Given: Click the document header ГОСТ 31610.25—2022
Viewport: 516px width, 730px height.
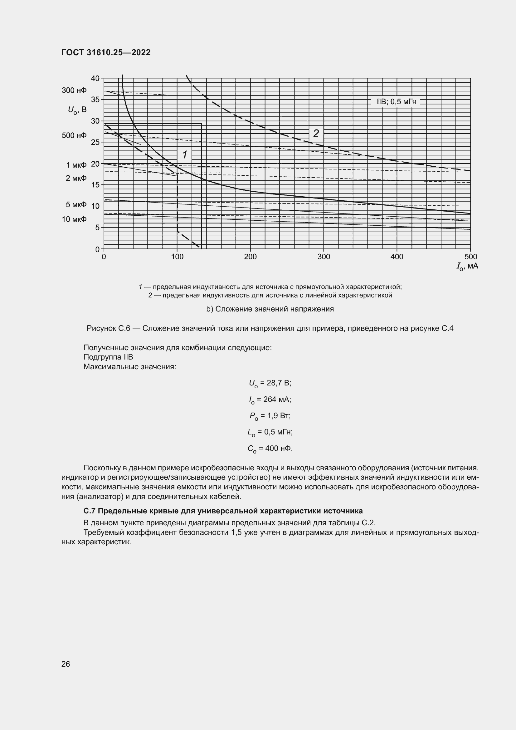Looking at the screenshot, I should (x=106, y=52).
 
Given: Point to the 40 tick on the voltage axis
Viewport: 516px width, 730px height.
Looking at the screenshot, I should (x=95, y=79).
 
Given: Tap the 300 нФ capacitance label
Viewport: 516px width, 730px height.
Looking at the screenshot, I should (x=74, y=91).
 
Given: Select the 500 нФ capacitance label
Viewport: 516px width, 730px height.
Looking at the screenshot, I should (x=74, y=136).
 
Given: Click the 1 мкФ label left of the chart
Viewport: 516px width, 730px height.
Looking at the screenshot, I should (x=76, y=165).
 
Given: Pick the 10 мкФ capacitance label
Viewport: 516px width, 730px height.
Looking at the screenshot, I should (x=74, y=219).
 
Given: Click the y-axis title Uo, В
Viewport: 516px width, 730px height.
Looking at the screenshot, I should (x=77, y=110).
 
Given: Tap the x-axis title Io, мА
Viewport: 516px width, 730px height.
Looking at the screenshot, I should (x=467, y=266).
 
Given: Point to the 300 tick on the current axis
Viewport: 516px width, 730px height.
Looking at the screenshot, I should (x=324, y=257).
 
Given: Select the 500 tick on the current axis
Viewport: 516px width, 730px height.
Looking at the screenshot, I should (x=470, y=257).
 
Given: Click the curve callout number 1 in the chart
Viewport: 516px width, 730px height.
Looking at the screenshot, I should (x=185, y=155).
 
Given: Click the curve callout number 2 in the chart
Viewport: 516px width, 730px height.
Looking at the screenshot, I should (x=316, y=134).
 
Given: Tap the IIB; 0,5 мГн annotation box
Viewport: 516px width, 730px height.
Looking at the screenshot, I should (x=396, y=102).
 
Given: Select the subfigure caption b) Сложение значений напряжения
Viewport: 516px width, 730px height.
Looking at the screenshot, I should (x=270, y=309).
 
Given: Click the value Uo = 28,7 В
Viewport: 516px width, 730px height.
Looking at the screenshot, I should (x=270, y=383).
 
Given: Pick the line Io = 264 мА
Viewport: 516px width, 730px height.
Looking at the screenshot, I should (x=270, y=400).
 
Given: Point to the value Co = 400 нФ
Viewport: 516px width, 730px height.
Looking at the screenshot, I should (x=270, y=448).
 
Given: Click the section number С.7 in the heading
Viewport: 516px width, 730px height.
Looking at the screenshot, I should (x=90, y=511).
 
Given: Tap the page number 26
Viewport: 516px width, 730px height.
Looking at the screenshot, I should (x=66, y=664).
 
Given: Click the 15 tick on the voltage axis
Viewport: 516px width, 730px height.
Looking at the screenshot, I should (x=95, y=185).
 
